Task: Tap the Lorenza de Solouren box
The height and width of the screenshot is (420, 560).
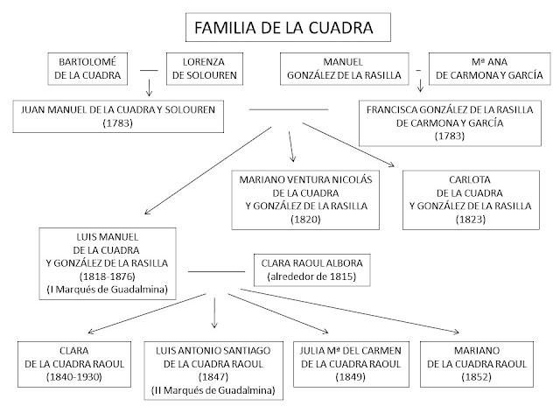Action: coord(203,68)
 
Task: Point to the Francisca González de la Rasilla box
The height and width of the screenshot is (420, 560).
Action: coord(451,123)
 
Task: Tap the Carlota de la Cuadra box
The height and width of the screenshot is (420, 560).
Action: coord(470,199)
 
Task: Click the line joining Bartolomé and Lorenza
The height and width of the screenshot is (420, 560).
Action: coord(148,69)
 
